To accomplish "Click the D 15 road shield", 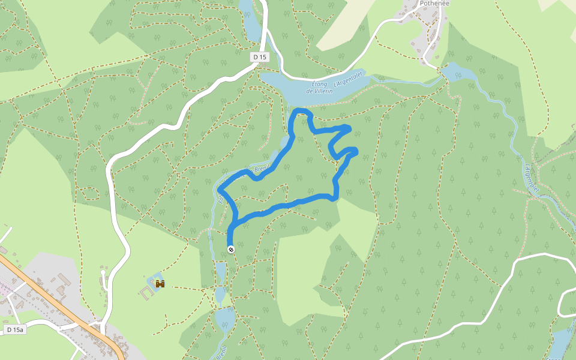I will point(259,56).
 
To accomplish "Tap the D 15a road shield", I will point(16,330).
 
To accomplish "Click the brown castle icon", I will point(160,283).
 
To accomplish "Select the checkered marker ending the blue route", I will point(230,249).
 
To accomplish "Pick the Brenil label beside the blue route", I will point(263,170).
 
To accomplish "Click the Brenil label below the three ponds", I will point(223,350).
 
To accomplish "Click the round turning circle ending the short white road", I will point(103,273).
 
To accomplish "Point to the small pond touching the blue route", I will point(284,143).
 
